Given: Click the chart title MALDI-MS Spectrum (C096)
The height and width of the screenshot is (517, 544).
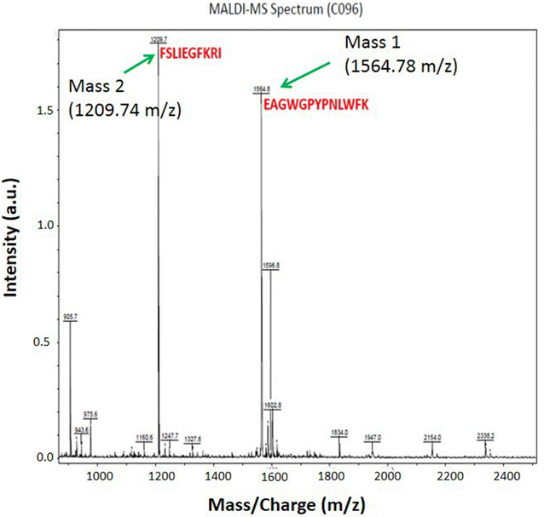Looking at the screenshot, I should [271, 9].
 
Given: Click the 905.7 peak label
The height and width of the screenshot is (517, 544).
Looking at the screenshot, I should [71, 317].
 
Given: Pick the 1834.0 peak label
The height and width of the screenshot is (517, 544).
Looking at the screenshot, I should [339, 434].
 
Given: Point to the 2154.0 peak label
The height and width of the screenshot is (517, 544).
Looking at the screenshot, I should [433, 438].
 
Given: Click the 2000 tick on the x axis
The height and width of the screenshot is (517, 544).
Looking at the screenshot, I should [388, 474].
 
